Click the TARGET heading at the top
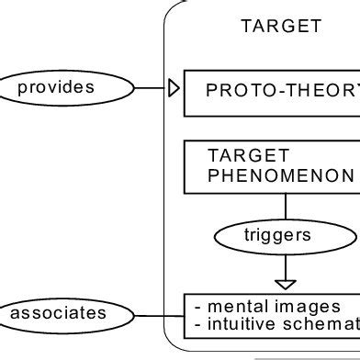[281, 26]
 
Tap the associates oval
[59, 314]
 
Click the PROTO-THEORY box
[273, 91]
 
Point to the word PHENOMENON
[280, 174]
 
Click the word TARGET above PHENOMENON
[236, 155]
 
